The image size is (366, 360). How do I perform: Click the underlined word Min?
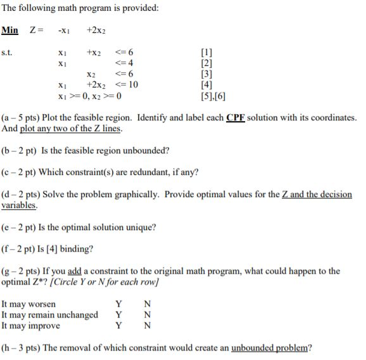coord(9,30)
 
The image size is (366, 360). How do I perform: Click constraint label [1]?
coord(207,53)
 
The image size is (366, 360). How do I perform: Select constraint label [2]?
coord(207,63)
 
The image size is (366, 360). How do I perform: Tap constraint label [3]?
coord(207,74)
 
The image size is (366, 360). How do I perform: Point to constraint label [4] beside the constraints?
coord(207,85)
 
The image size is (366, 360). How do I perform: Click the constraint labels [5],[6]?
coord(211,96)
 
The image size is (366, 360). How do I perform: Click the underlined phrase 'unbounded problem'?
coord(271,347)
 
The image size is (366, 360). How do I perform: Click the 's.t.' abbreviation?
coord(8,53)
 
